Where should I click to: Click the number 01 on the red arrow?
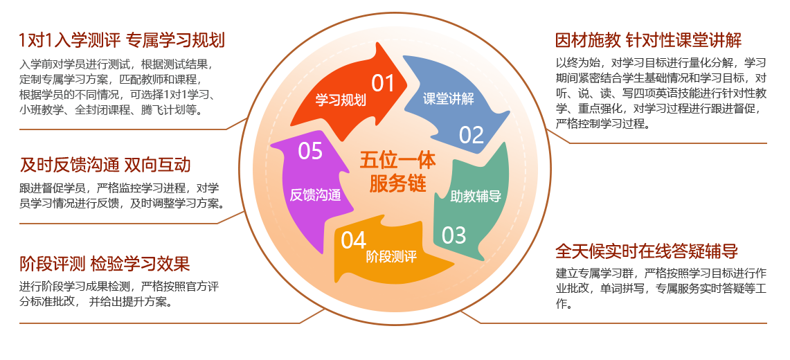point(383,83)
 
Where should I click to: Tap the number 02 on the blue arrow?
point(471,134)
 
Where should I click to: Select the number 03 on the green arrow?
point(454,235)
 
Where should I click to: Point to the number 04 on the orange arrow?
point(353,240)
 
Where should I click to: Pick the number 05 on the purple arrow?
point(310,151)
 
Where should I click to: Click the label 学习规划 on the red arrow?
point(341,100)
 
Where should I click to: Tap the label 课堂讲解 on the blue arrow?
point(449,98)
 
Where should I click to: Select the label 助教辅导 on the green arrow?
point(476,196)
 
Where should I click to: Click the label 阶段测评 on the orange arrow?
point(391,258)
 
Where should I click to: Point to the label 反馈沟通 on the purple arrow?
point(316,195)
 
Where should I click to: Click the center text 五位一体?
point(397,161)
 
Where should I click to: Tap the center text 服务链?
point(397,183)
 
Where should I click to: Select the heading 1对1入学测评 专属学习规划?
point(122,40)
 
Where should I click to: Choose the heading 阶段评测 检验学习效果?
point(105,264)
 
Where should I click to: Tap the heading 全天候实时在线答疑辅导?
point(647,251)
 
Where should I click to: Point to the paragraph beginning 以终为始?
point(661,93)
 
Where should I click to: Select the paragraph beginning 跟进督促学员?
point(121,196)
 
